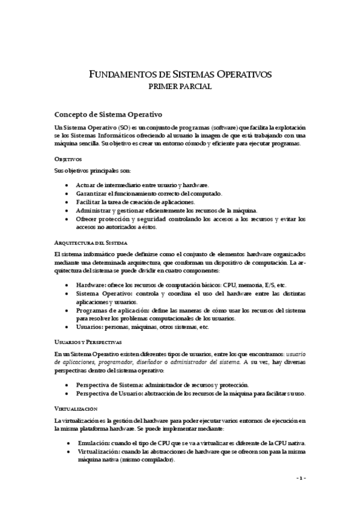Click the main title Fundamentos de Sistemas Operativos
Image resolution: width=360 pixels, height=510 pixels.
click(x=180, y=74)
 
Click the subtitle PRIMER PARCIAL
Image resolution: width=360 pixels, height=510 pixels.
click(x=180, y=87)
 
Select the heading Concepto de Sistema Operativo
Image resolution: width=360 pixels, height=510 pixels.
click(x=109, y=113)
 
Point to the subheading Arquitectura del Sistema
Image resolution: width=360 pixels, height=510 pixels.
click(x=90, y=242)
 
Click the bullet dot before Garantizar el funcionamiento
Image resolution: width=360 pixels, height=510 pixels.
click(x=66, y=194)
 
